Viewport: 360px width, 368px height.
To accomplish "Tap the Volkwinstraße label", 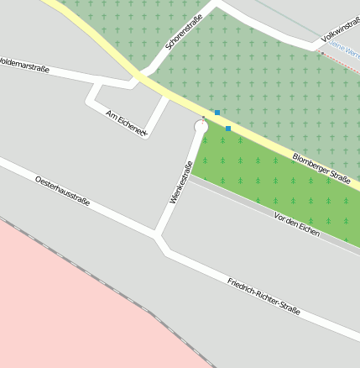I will click(x=341, y=32).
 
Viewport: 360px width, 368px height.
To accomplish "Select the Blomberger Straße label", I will click(x=321, y=166).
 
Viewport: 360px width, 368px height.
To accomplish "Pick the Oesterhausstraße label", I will click(x=62, y=192).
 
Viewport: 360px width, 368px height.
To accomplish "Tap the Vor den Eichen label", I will click(x=297, y=223).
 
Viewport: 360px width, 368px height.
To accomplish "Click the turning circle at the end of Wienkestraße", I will click(x=201, y=127).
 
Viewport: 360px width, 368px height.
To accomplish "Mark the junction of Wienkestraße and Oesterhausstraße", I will click(x=157, y=235).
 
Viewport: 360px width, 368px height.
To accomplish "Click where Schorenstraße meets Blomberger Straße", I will click(x=139, y=77).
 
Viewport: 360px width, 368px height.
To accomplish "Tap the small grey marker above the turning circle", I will click(x=202, y=118).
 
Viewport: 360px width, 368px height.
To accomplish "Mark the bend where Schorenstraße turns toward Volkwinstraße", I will click(x=218, y=5).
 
